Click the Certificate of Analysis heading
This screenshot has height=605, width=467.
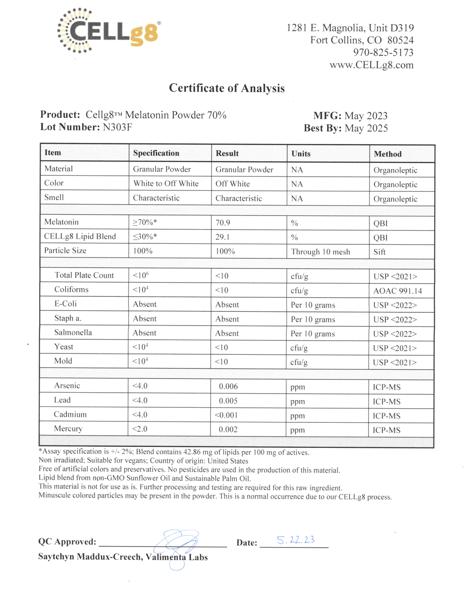[x=227, y=88]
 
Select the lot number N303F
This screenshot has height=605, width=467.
[x=117, y=127]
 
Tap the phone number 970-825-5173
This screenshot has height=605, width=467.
[x=383, y=53]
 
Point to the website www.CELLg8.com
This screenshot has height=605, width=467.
[x=371, y=65]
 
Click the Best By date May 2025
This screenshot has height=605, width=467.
[x=366, y=128]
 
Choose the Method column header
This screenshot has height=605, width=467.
[x=388, y=154]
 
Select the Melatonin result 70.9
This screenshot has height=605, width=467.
[x=223, y=223]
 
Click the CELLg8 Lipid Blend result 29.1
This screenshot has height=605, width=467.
[x=223, y=237]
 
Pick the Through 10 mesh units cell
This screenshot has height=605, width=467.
[x=321, y=252]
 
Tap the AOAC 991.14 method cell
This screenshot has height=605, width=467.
[x=398, y=291]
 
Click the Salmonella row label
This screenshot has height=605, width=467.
[x=73, y=332]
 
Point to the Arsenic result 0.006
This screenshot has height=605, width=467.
[x=228, y=386]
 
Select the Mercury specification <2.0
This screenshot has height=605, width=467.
[x=140, y=429]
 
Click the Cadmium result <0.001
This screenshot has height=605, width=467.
[x=226, y=415]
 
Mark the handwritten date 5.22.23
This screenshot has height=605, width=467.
[x=296, y=540]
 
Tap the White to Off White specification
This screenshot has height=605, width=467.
[x=166, y=184]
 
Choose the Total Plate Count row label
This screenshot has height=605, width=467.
[x=84, y=275]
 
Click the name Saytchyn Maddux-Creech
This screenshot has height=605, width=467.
[x=90, y=557]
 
